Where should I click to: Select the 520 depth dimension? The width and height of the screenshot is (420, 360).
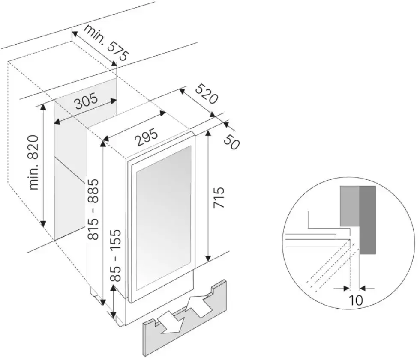pos(206,94)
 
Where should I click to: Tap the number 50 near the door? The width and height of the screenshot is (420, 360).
pos(231,142)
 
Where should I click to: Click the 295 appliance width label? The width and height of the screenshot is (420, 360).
pos(146,137)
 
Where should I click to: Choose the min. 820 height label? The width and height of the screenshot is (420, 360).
pos(34,163)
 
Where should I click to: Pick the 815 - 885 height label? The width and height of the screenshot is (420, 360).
pos(93,209)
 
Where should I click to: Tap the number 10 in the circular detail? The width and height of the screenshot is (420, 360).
pos(356,300)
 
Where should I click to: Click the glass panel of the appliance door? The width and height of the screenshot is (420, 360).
pos(164,218)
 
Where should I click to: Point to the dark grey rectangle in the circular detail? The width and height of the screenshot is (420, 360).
pos(368,220)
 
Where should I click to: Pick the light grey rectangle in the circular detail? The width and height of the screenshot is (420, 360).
pos(350,206)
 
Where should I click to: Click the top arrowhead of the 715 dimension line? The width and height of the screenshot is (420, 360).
pos(208,134)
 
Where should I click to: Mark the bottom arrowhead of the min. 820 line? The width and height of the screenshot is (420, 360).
pos(43,224)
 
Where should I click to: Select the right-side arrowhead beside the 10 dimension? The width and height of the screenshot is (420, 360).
pos(363,288)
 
